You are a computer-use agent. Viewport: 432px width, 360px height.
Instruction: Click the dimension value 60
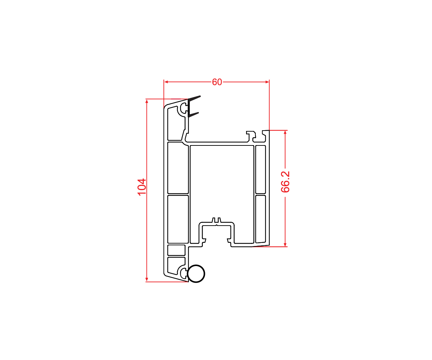217,82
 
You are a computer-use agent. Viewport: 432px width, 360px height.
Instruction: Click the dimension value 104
142,187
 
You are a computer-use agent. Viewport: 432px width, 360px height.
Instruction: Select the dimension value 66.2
285,182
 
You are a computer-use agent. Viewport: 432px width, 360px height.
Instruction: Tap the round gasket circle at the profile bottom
196,274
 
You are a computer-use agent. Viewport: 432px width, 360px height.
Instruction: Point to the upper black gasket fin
194,98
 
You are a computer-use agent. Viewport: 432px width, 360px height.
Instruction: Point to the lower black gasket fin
194,115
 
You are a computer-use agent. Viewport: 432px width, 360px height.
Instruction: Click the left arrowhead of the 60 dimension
166,82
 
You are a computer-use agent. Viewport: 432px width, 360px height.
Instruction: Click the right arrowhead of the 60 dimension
267,82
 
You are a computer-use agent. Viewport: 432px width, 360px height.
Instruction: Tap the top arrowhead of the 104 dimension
147,101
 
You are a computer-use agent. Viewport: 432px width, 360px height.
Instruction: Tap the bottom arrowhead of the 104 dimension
147,280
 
